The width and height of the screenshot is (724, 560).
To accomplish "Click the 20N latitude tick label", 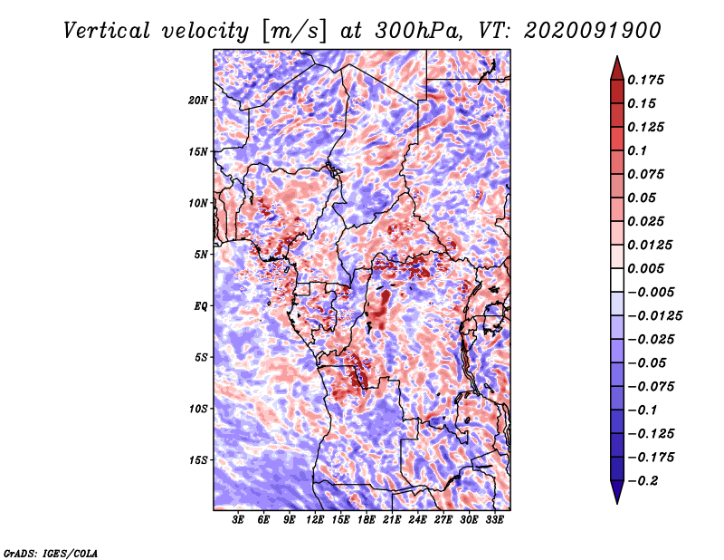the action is tap(198, 100).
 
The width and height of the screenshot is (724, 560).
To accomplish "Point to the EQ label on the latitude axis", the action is tap(200, 305).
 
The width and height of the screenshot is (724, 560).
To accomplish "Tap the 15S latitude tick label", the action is tap(198, 460).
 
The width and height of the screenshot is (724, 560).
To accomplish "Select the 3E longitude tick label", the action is tap(238, 520).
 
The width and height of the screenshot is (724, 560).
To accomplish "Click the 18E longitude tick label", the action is tap(367, 520).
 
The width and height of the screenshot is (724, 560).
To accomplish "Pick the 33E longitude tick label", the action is tap(494, 520).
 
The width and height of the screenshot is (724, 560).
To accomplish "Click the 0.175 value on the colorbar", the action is tap(645, 80).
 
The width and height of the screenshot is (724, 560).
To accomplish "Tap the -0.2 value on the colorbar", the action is tap(643, 481).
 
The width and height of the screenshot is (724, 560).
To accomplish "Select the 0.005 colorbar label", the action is tap(645, 268).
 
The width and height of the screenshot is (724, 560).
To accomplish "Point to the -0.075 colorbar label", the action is tap(651, 387).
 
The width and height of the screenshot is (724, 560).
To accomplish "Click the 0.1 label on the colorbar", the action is tap(637, 150).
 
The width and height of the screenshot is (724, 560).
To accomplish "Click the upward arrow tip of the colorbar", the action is tap(617, 56).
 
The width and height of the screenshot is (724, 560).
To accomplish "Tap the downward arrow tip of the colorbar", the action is tap(617, 503).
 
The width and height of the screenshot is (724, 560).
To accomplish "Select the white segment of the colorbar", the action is tap(617, 280).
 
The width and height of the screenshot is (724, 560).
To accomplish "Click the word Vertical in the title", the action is tap(107, 31).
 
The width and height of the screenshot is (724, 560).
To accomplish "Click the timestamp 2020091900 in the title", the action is tap(593, 31).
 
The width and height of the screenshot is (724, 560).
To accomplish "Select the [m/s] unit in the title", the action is tap(294, 32).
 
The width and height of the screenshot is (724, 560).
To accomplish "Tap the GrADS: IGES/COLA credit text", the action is tap(51, 553).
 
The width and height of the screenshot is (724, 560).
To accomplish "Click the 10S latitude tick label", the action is tap(198, 409).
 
